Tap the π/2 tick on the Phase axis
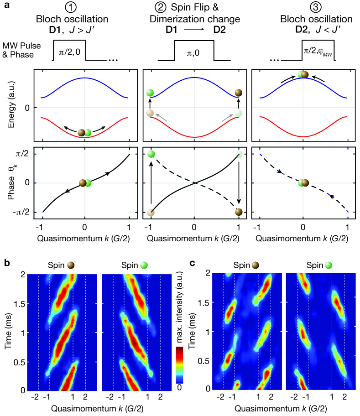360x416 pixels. pos(24,155)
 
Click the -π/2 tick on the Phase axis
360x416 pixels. pos(22,212)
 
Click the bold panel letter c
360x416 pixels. pos(193,264)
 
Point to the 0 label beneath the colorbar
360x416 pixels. pos(180,386)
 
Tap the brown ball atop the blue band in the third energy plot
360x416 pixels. pos(305,74)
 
